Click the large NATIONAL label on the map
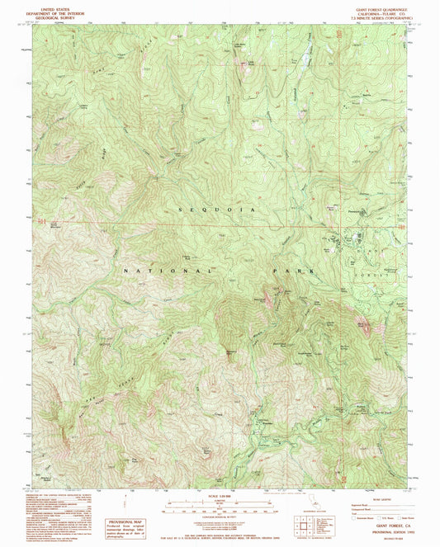pos(168,271)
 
